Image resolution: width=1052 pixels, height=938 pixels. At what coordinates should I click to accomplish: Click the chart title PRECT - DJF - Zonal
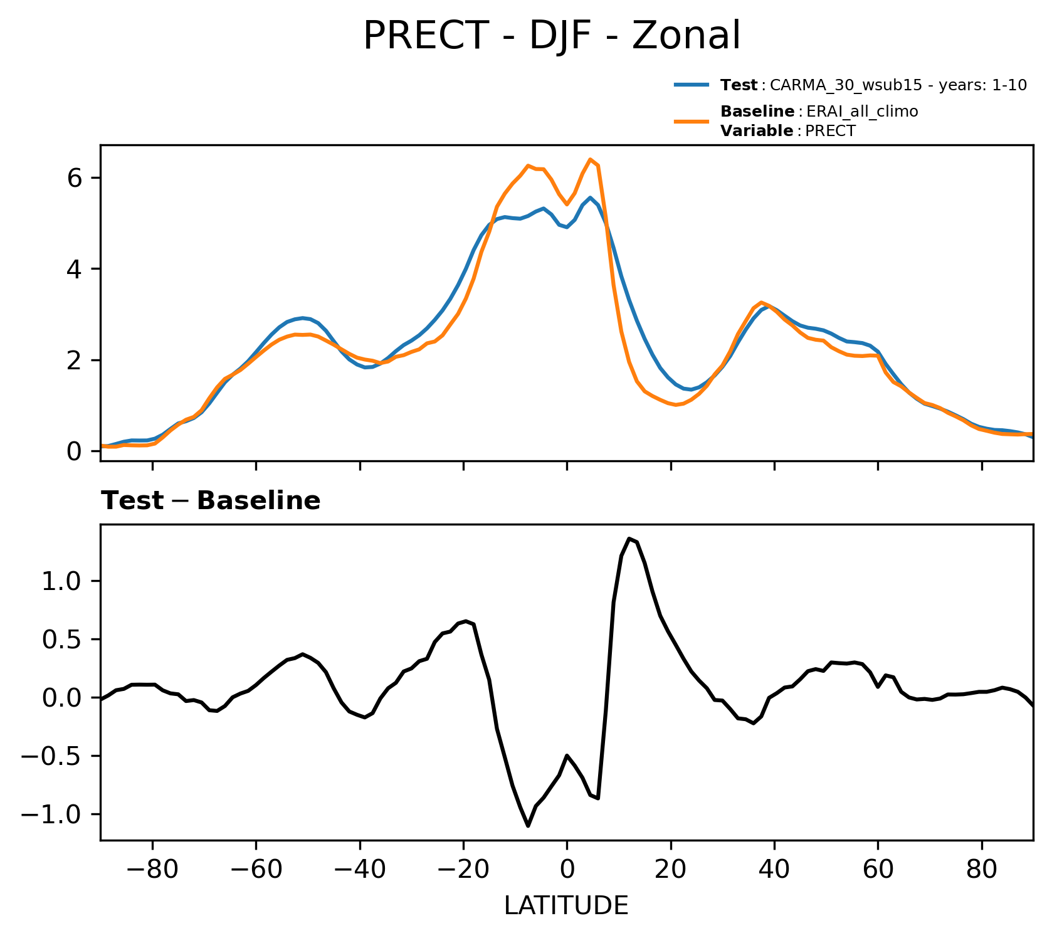coord(552,36)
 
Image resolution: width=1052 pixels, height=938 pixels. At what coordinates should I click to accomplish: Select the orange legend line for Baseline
coord(692,121)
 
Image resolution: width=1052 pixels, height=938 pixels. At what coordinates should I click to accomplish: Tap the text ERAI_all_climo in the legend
coord(862,112)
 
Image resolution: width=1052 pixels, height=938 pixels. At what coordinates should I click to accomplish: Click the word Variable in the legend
coord(757,131)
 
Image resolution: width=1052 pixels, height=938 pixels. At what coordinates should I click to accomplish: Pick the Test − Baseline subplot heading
coord(211,501)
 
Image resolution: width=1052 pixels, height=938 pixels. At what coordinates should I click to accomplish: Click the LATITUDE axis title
coord(566,906)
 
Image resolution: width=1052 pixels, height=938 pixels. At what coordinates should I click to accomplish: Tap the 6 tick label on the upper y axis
coord(76,178)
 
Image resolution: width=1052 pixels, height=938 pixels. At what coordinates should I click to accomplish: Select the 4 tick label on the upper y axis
coord(76,269)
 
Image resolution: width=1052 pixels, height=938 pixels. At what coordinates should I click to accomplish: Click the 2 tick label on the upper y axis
coord(76,361)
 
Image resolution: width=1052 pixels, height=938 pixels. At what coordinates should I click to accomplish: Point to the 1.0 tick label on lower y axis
coord(62,581)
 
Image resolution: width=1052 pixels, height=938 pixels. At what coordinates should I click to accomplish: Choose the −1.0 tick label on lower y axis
coord(53,814)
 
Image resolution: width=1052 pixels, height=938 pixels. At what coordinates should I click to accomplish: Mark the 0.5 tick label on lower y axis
coord(62,640)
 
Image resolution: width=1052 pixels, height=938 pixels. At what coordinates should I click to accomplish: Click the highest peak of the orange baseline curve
coord(590,159)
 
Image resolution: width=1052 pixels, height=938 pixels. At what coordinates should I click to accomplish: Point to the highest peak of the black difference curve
coord(629,538)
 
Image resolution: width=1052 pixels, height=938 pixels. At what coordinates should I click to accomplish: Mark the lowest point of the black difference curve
coord(528,826)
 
